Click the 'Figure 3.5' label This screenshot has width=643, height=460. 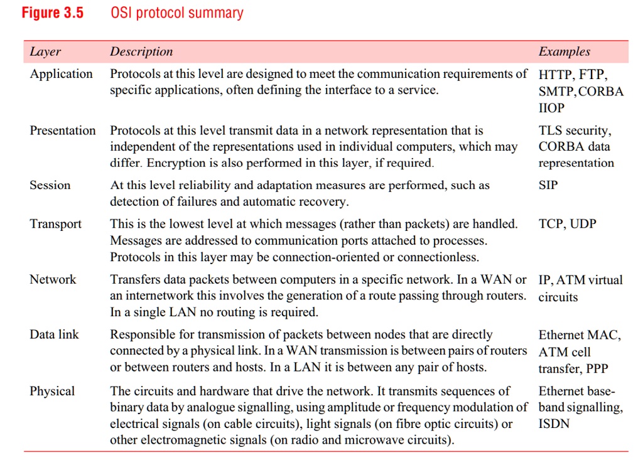(x=53, y=13)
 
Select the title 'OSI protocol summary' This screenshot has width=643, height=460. (x=176, y=13)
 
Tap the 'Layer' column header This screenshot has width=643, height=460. (x=45, y=51)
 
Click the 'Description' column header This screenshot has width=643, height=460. (x=141, y=51)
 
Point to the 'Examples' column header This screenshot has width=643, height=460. (x=565, y=51)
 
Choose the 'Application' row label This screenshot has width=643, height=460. (x=61, y=74)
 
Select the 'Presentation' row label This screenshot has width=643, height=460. (x=63, y=131)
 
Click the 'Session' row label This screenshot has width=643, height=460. (x=50, y=185)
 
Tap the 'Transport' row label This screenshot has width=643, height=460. (x=55, y=224)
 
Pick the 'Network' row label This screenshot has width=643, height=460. (x=53, y=279)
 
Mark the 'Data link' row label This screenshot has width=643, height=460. (x=54, y=334)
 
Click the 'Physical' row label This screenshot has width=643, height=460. (x=52, y=391)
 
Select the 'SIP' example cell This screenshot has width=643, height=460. (x=548, y=185)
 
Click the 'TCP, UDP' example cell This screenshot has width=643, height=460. (x=568, y=224)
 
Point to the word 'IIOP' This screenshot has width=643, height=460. (x=552, y=108)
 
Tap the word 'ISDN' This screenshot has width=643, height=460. (x=554, y=424)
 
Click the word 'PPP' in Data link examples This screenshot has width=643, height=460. (x=597, y=368)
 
